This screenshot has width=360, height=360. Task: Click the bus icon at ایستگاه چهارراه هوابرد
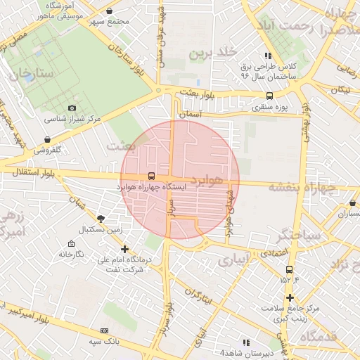151,177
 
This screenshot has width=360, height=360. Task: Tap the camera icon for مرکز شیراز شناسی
72,108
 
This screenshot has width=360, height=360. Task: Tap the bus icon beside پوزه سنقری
269,96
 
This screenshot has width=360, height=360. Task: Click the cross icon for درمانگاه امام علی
125,249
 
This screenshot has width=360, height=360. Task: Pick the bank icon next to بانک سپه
105,330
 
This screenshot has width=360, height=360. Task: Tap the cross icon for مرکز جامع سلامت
289,297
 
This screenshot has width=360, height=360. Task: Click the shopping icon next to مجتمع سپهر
109,11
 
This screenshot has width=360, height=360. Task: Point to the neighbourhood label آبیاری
233,260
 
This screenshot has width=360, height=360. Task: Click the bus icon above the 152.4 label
289,269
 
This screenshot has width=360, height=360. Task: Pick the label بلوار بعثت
194,93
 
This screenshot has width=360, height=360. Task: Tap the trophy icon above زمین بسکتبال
101,219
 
